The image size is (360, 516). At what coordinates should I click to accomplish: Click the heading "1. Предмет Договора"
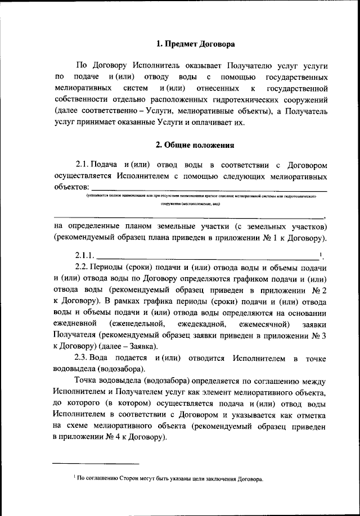point(195,43)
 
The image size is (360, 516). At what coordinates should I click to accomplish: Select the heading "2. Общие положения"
point(195,144)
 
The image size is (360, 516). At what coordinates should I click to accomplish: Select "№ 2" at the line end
point(318,291)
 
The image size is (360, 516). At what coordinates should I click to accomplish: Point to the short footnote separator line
point(79,464)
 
